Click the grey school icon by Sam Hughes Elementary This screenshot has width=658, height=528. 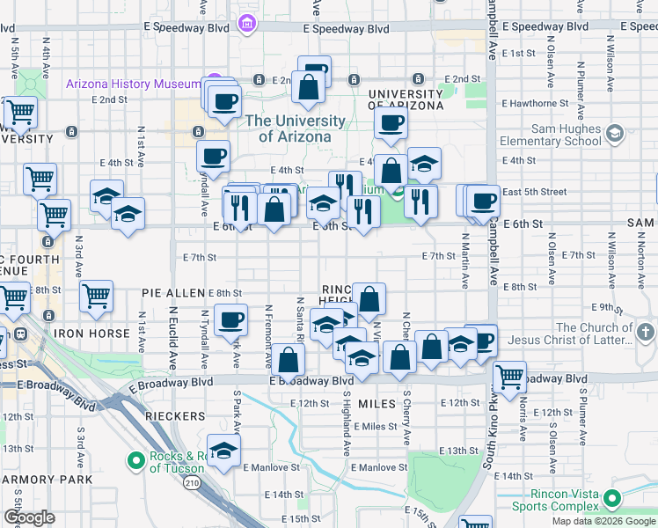pos(614,134)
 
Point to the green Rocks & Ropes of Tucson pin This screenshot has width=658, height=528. pos(135,460)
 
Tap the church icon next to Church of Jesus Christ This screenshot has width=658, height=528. pos(647,333)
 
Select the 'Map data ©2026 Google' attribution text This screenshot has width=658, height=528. pos(603,521)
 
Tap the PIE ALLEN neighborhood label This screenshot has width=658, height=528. pos(173,292)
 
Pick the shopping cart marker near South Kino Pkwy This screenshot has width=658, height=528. pos(509,376)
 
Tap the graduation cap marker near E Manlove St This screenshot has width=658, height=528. pos(224,451)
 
